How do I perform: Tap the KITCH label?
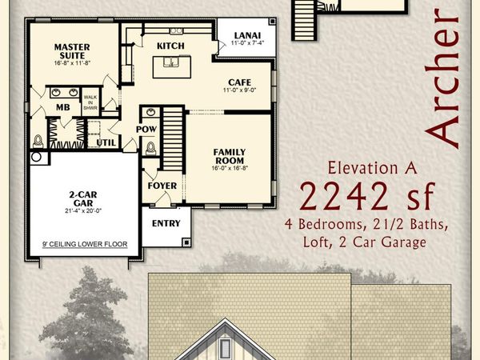pyautogui.click(x=171, y=46)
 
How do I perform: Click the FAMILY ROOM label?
pyautogui.click(x=228, y=155)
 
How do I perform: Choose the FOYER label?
pyautogui.click(x=162, y=186)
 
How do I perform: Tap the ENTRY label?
pyautogui.click(x=166, y=223)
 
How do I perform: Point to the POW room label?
pyautogui.click(x=146, y=128)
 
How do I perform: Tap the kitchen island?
pyautogui.click(x=171, y=66)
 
